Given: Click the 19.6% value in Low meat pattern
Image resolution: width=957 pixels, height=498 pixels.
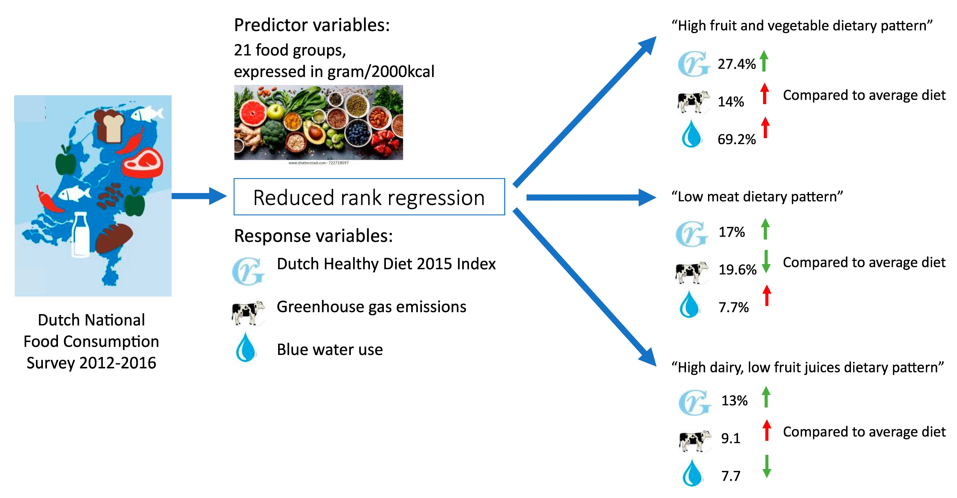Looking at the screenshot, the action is (x=737, y=270).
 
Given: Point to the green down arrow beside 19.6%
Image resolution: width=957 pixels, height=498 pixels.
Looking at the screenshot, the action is (x=766, y=262).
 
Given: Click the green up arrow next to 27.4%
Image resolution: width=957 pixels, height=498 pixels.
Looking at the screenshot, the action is (x=764, y=61).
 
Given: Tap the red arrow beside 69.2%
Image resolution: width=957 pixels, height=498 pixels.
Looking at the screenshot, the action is (x=765, y=127).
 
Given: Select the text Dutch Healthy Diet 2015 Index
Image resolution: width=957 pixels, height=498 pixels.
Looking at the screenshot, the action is (x=386, y=264).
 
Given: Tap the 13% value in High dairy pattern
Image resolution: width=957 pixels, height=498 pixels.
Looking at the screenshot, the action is (x=735, y=400).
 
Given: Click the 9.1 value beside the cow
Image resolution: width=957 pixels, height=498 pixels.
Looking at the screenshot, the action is (x=731, y=438).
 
